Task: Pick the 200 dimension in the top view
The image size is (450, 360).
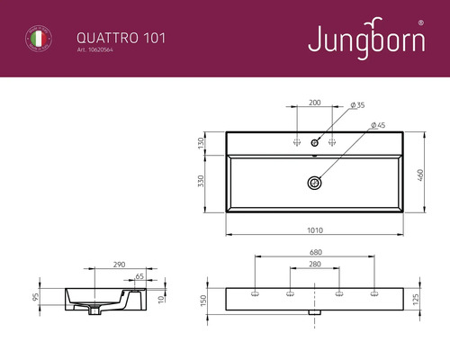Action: [314, 103]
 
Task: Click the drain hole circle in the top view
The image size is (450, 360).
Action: [314, 182]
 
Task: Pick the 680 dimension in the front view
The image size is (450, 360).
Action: [314, 253]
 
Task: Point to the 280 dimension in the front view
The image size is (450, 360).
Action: [314, 266]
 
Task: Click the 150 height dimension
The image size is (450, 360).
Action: [204, 299]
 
